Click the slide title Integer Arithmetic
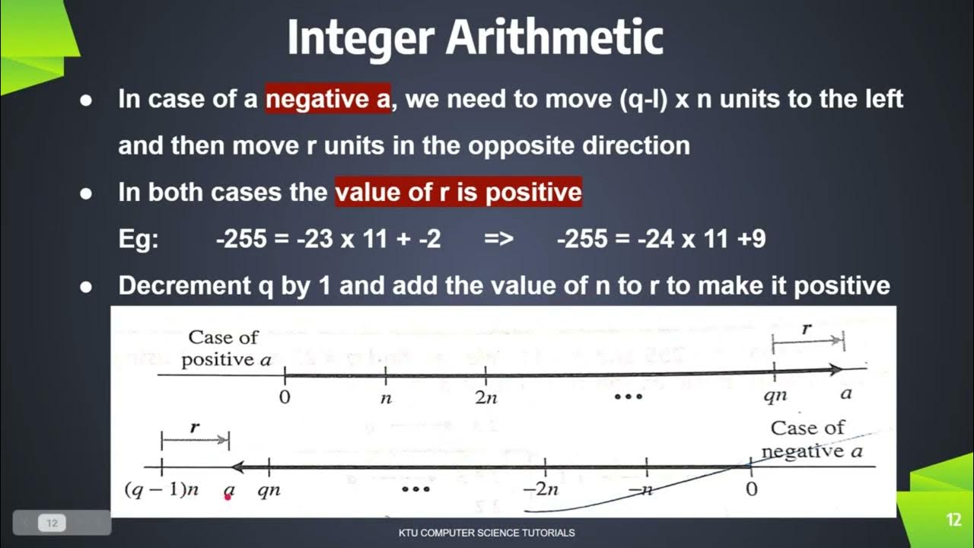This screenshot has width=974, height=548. tap(475, 38)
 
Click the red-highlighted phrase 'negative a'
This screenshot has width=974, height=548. tap(327, 99)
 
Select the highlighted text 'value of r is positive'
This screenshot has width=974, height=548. tap(458, 192)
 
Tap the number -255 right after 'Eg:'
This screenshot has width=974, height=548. tap(240, 239)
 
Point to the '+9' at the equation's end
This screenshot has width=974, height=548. tap(750, 239)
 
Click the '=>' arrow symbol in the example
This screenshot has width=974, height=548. tap(498, 239)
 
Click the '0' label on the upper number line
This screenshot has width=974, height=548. tap(285, 397)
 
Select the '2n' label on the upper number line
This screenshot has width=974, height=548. tap(486, 397)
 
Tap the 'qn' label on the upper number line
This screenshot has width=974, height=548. tap(775, 397)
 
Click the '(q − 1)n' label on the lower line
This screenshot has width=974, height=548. tap(161, 490)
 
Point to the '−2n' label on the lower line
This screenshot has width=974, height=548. tap(544, 490)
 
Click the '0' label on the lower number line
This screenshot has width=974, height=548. tap(751, 489)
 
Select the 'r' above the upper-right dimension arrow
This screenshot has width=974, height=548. tap(807, 329)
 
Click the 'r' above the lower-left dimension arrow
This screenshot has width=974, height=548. tap(195, 427)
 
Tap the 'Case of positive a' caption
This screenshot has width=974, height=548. tap(226, 348)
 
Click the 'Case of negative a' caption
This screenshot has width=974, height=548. tap(810, 439)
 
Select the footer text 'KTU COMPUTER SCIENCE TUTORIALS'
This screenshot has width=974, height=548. tap(486, 533)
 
